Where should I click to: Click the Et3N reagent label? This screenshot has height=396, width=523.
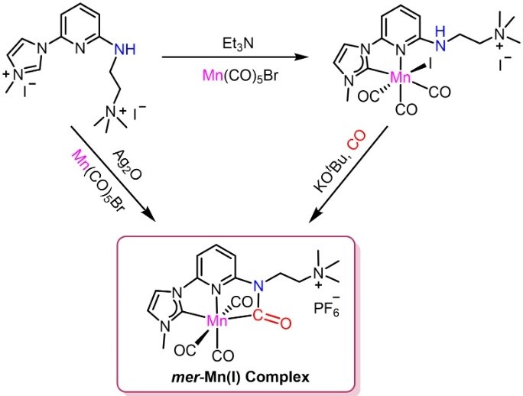[239, 44]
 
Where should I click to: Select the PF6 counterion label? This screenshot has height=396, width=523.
[327, 307]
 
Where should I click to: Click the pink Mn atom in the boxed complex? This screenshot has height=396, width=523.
[217, 320]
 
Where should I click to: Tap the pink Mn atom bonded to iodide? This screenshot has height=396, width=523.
[401, 78]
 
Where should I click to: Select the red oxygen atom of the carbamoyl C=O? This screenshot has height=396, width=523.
[285, 323]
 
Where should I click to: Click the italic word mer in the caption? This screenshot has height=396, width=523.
[182, 378]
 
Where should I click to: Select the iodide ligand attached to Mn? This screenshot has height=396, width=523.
[430, 63]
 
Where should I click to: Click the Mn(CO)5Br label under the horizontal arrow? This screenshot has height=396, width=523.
[240, 76]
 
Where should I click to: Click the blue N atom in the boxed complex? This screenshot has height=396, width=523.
[258, 285]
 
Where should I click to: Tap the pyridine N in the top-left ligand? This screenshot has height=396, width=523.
[80, 50]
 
